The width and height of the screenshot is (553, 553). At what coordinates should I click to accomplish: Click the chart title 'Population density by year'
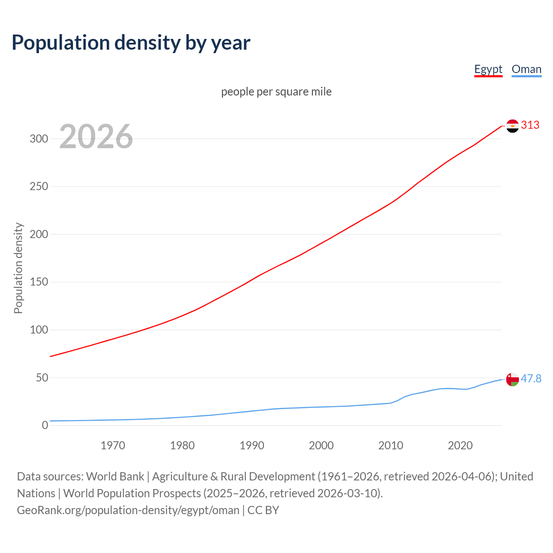(x=131, y=42)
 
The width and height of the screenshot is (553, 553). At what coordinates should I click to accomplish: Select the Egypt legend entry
(x=488, y=69)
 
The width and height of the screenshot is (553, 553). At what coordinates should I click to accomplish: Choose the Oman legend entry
(x=526, y=69)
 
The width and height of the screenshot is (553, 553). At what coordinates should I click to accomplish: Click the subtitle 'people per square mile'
(x=276, y=92)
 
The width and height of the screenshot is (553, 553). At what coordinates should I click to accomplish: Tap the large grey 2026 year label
(x=96, y=137)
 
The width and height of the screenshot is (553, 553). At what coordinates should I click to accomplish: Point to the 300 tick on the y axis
(x=38, y=139)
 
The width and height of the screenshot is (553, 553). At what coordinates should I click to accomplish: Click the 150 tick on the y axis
(x=38, y=282)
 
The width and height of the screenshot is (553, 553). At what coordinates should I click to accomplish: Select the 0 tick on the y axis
(x=45, y=425)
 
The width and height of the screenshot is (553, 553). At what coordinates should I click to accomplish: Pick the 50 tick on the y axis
(x=41, y=378)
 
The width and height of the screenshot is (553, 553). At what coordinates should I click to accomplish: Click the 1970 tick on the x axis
(x=113, y=445)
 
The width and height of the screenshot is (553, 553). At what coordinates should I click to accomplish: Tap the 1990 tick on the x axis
(x=252, y=445)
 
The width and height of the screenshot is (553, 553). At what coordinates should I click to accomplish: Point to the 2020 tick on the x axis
(x=460, y=445)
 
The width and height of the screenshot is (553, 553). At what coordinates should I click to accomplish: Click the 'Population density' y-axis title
(x=18, y=268)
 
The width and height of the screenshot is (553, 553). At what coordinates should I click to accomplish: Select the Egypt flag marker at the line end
(x=512, y=126)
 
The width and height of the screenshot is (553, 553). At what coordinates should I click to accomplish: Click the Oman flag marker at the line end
(x=512, y=379)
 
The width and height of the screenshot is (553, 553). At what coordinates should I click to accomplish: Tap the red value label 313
(x=530, y=125)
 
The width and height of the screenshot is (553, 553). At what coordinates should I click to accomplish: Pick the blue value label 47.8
(x=531, y=378)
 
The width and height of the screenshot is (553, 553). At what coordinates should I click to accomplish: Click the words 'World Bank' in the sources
(x=115, y=477)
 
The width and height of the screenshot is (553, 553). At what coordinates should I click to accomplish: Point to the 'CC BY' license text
(x=263, y=510)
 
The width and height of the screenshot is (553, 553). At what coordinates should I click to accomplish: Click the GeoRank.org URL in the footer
(x=128, y=510)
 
